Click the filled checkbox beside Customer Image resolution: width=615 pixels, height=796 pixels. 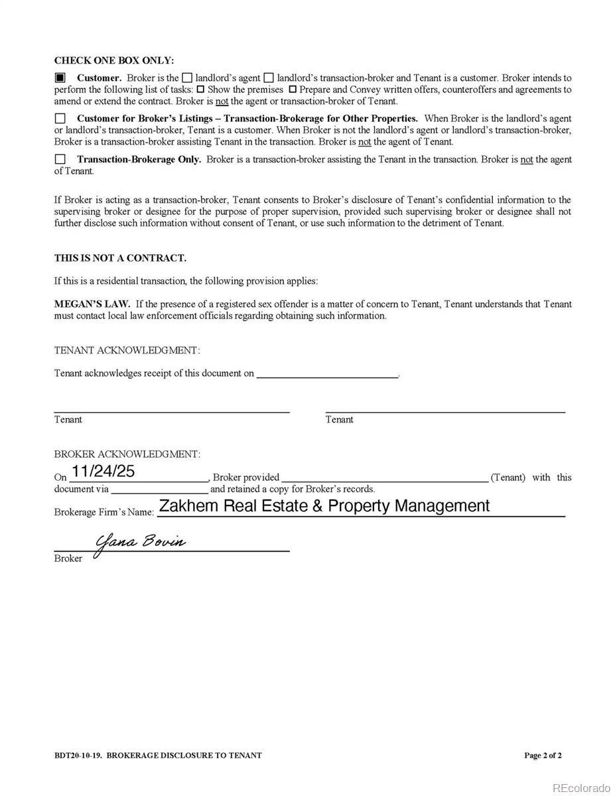[60, 78]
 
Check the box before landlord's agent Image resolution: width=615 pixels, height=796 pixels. [187, 78]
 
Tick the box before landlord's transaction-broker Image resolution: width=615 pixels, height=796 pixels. [269, 78]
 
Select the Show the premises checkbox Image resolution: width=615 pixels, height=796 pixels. [200, 89]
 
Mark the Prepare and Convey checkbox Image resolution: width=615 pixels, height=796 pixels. [292, 89]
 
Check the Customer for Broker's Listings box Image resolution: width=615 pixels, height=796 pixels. [60, 119]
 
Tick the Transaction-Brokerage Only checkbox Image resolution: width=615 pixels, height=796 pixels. [60, 159]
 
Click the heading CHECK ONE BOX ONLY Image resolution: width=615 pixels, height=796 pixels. [114, 60]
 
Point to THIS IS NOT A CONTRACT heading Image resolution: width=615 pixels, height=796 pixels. [120, 258]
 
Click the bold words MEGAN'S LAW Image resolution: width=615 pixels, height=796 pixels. [92, 304]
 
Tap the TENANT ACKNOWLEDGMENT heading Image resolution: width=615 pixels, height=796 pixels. [127, 350]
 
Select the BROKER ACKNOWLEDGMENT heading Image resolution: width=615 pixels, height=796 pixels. [127, 454]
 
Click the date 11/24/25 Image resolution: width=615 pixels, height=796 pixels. [103, 471]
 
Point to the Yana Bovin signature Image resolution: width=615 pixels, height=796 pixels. [141, 541]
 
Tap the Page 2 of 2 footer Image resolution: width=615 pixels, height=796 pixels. [543, 755]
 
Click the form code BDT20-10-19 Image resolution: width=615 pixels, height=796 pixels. [78, 755]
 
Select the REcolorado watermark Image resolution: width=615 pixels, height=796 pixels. [581, 787]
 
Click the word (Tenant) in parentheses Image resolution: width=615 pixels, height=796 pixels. [508, 478]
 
